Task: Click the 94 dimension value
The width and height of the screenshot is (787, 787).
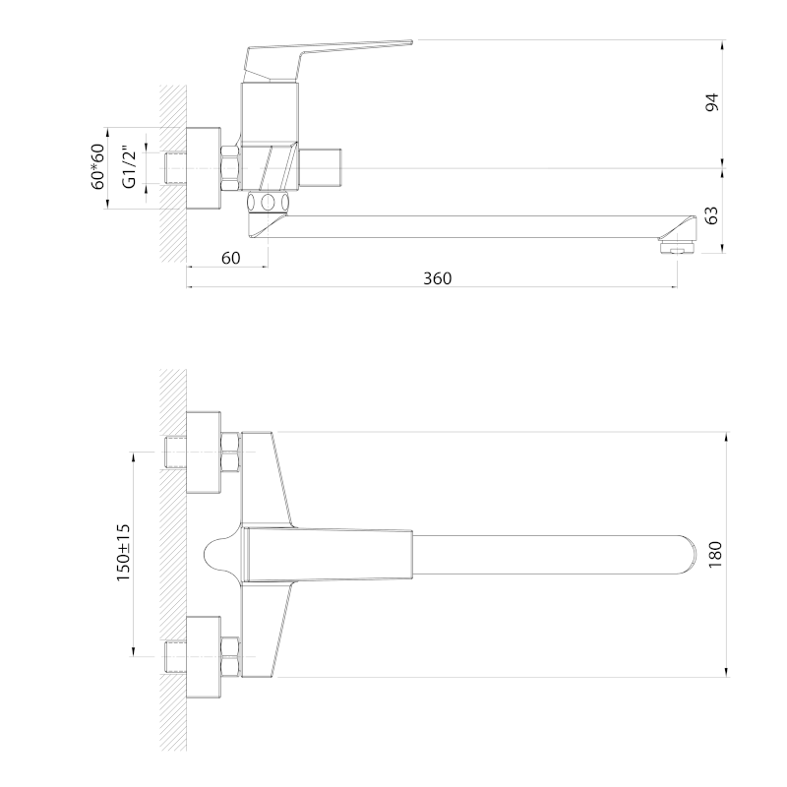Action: tap(712, 102)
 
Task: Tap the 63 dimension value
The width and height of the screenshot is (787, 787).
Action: tap(712, 215)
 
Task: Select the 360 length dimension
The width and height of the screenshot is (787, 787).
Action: tap(437, 278)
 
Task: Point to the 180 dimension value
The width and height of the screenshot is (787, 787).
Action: tap(715, 554)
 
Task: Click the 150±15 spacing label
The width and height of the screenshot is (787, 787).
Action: tap(124, 553)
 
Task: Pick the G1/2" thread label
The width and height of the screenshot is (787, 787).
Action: tap(130, 167)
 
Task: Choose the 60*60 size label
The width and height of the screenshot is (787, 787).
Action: tap(97, 166)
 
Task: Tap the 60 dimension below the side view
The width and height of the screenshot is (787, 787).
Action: tap(231, 258)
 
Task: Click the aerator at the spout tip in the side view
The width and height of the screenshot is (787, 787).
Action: tap(677, 247)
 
